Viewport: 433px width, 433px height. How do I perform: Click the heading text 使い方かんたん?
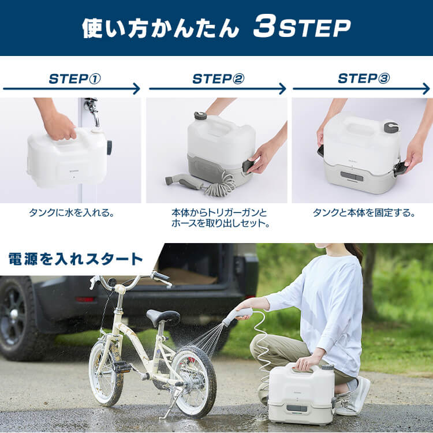pos(159,28)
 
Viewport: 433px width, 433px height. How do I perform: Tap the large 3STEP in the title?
pos(301,28)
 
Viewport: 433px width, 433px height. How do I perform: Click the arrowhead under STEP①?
pos(136,89)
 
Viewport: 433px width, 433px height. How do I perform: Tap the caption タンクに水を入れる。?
pos(72,213)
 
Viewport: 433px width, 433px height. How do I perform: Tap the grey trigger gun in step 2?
pos(184,182)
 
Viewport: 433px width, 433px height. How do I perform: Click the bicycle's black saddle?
pos(163,316)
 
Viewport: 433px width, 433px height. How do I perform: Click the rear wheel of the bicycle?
pos(195,380)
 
